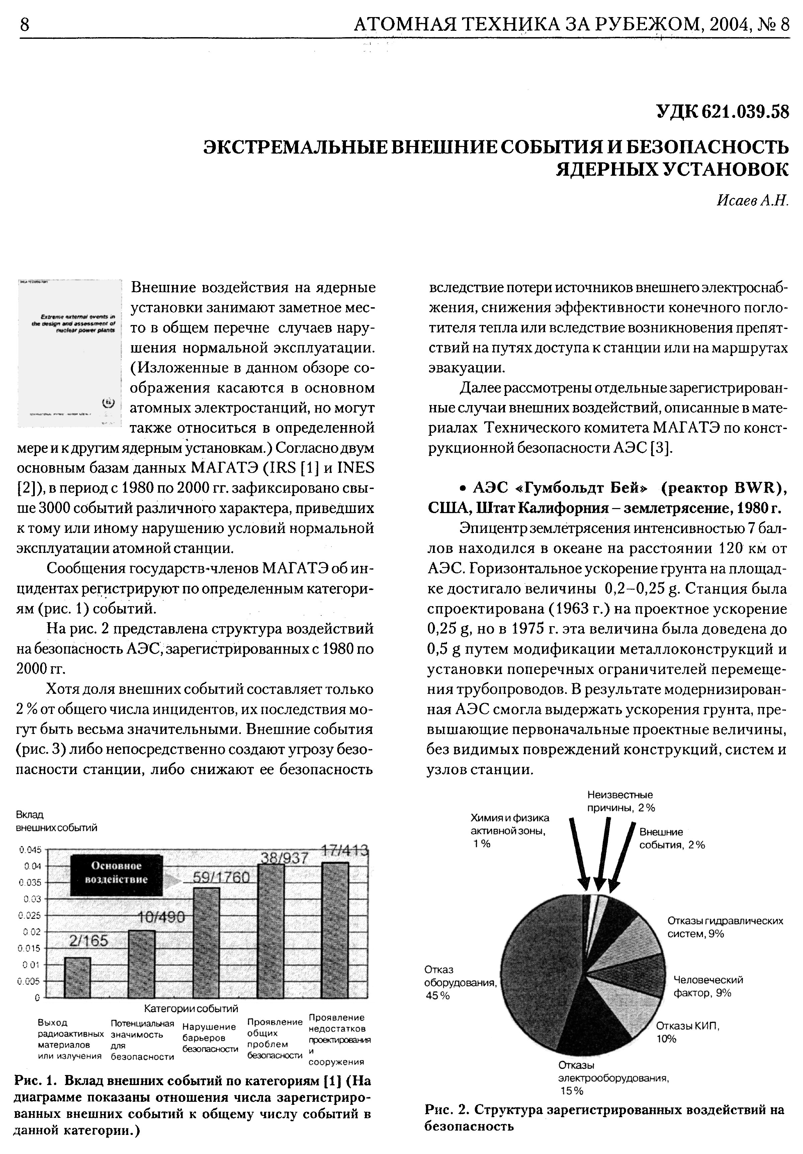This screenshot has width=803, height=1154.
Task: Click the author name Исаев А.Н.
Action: [752, 200]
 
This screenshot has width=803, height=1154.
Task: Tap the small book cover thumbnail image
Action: [69, 353]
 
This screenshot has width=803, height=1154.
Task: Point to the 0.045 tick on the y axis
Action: [30, 850]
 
